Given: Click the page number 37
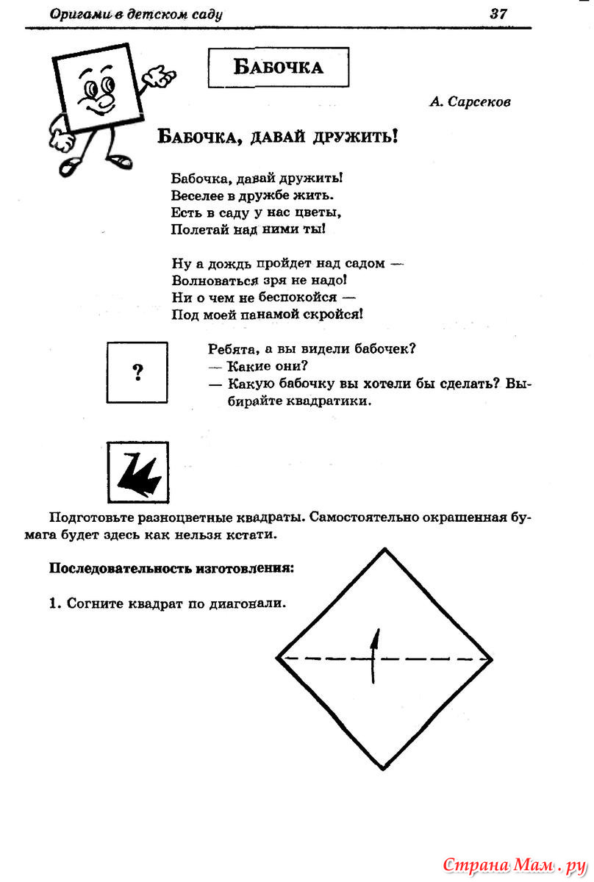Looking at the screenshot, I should pos(498,13).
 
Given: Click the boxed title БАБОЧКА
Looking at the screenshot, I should pos(278,67).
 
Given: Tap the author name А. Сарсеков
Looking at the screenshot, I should pos(470,102).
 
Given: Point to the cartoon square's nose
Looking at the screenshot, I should pos(104,98).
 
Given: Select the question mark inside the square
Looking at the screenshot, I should pos(137,373).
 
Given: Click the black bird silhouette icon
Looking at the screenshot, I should pos(137,473).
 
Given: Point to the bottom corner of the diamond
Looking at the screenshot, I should pos(384,768).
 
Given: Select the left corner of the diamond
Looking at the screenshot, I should pos(278,659).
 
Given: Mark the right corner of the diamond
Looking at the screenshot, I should pos(492,659).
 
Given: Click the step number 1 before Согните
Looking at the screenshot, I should pos(53,603).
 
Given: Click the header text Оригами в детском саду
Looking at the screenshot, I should pos(136,14).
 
